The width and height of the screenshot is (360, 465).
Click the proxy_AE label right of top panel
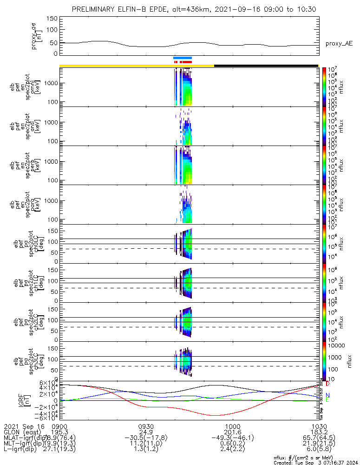[x=339, y=44]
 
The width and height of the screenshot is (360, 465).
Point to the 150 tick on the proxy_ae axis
[x=52, y=19]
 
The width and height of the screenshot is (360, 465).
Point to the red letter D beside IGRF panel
[x=328, y=384]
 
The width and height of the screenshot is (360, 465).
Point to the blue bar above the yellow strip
[x=183, y=58]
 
